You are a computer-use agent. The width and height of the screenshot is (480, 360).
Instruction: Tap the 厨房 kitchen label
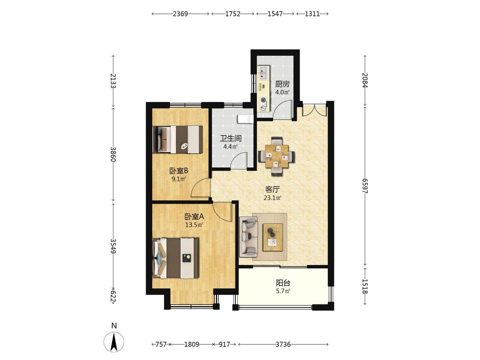[x=282, y=84]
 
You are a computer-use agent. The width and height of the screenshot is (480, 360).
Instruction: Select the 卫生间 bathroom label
[x=231, y=138]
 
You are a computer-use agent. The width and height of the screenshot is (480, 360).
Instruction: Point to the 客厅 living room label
[x=273, y=189]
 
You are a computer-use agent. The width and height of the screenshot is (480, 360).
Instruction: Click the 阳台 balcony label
[x=283, y=283]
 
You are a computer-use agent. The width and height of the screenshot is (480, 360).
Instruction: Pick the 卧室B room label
[x=178, y=171]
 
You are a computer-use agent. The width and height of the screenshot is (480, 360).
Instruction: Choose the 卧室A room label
[x=194, y=217]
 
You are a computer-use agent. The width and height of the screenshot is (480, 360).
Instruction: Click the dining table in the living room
[x=277, y=156]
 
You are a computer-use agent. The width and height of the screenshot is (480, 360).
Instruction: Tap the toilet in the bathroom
[x=245, y=119]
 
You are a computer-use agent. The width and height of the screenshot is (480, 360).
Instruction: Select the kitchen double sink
[x=263, y=73]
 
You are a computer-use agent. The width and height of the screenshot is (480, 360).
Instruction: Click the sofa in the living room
[x=249, y=236]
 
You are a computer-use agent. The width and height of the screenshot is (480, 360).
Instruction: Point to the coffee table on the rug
[x=273, y=237]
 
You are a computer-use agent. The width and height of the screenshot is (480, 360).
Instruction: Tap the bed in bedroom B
[x=177, y=139]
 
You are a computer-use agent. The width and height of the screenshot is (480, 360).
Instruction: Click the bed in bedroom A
[x=175, y=258]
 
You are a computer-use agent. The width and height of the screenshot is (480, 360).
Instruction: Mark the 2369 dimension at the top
[x=180, y=14]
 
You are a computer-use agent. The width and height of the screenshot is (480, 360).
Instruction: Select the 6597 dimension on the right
[x=365, y=186]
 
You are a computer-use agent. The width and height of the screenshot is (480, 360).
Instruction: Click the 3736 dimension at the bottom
[x=283, y=344]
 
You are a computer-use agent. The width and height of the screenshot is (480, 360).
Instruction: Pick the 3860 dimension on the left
[x=113, y=154]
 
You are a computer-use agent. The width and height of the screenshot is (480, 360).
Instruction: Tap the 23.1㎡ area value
[x=273, y=198]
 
